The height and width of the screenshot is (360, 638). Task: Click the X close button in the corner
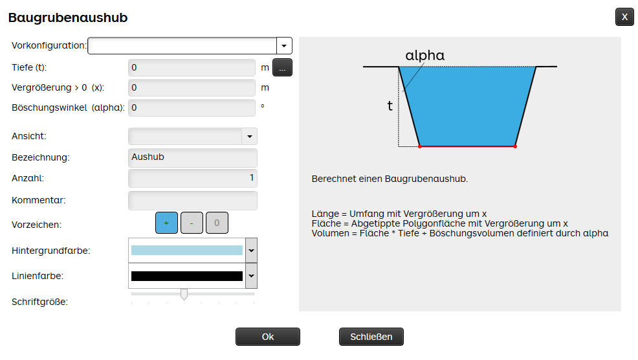tap(624, 17)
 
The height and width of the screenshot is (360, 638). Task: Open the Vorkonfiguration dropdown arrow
tap(284, 45)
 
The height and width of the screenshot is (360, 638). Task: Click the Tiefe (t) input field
tap(192, 67)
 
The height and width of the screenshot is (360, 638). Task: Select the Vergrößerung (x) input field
tap(192, 87)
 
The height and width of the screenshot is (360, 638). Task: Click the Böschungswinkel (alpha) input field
tap(192, 108)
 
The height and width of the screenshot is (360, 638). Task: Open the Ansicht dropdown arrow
tap(249, 137)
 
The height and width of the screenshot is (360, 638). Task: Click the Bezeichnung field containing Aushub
tap(192, 157)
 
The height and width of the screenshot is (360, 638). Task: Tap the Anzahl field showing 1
tap(192, 178)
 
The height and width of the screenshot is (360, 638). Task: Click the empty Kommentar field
tap(192, 200)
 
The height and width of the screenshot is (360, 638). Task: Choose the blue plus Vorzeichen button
tap(166, 223)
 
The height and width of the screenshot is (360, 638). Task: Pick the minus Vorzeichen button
tap(192, 223)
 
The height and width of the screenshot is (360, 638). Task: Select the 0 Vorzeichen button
tap(217, 223)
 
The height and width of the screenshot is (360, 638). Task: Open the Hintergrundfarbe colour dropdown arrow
tap(252, 251)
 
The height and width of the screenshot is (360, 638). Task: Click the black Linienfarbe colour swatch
tap(187, 276)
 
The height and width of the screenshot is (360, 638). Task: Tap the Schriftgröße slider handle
tap(184, 294)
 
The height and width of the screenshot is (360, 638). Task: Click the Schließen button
tap(371, 337)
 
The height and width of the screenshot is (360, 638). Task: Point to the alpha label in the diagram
tap(424, 56)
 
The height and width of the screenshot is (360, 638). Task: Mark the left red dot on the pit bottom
tap(420, 146)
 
